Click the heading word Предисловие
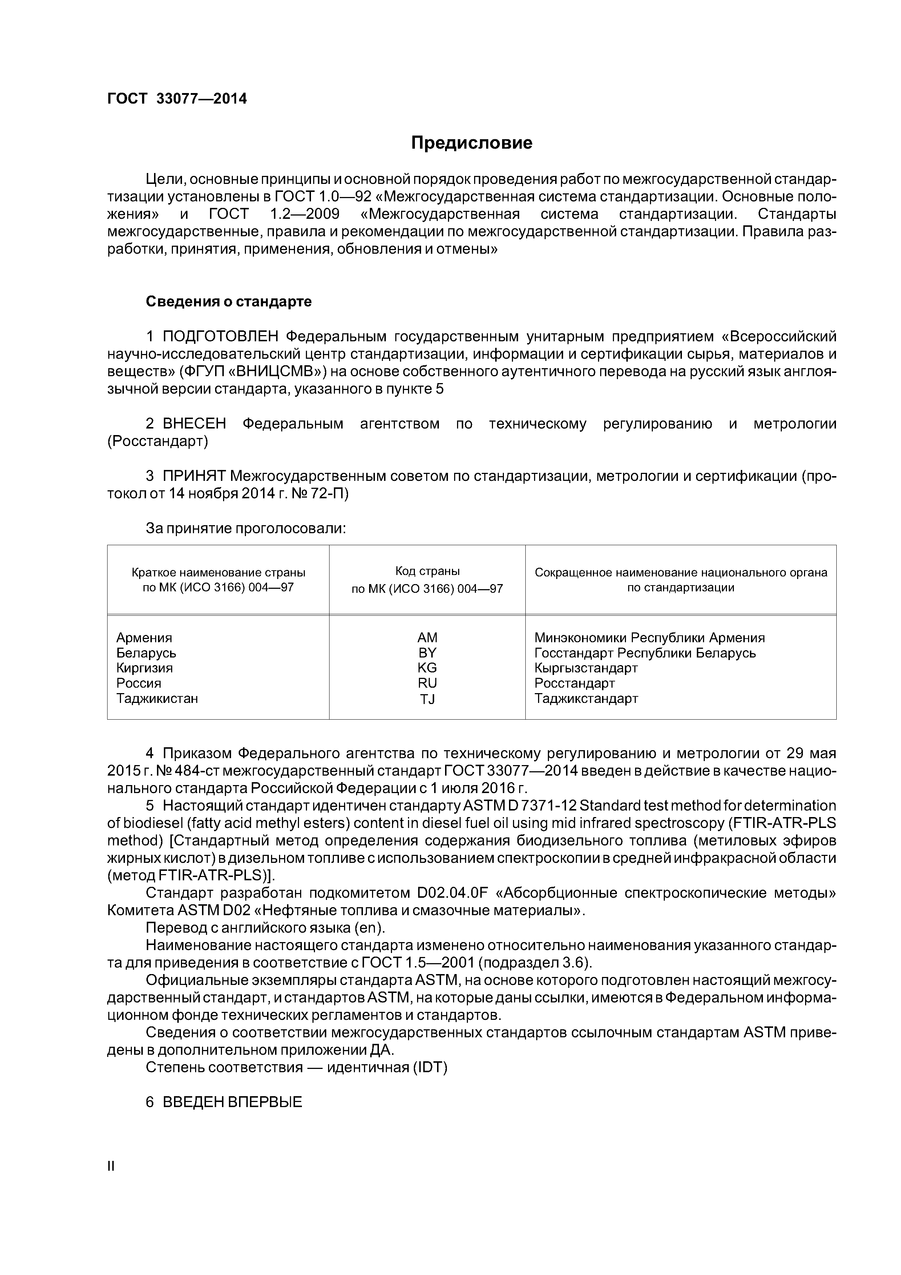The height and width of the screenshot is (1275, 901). point(471,143)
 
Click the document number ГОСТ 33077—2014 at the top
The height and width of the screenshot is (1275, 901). point(177,99)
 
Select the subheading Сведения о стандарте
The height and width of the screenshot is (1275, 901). point(228,302)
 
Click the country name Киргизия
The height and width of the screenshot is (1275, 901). point(144,668)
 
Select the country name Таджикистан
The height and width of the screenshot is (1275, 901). point(157,699)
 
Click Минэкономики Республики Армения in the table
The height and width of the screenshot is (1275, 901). point(650,637)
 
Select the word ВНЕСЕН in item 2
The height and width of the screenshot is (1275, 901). point(194,424)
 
